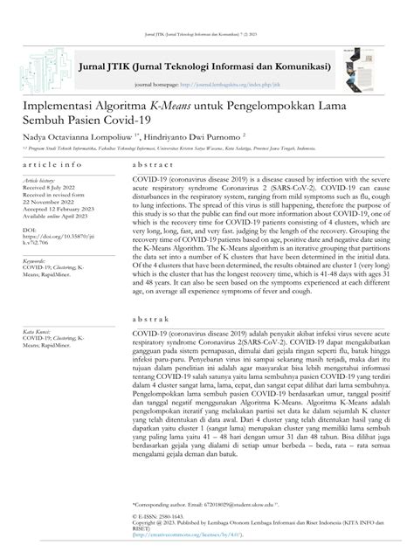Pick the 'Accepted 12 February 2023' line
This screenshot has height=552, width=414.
point(57,207)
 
